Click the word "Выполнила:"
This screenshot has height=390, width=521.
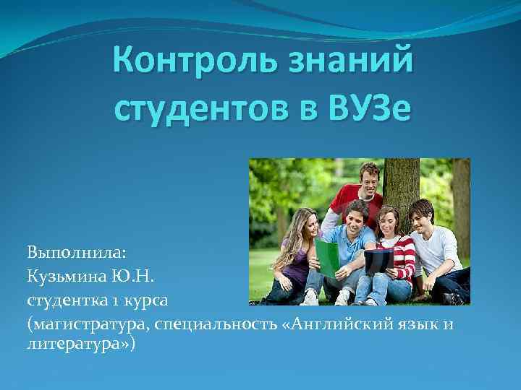[77, 253]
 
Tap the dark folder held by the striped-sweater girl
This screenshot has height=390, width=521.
[378, 260]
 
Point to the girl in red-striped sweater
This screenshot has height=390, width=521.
[395, 253]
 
